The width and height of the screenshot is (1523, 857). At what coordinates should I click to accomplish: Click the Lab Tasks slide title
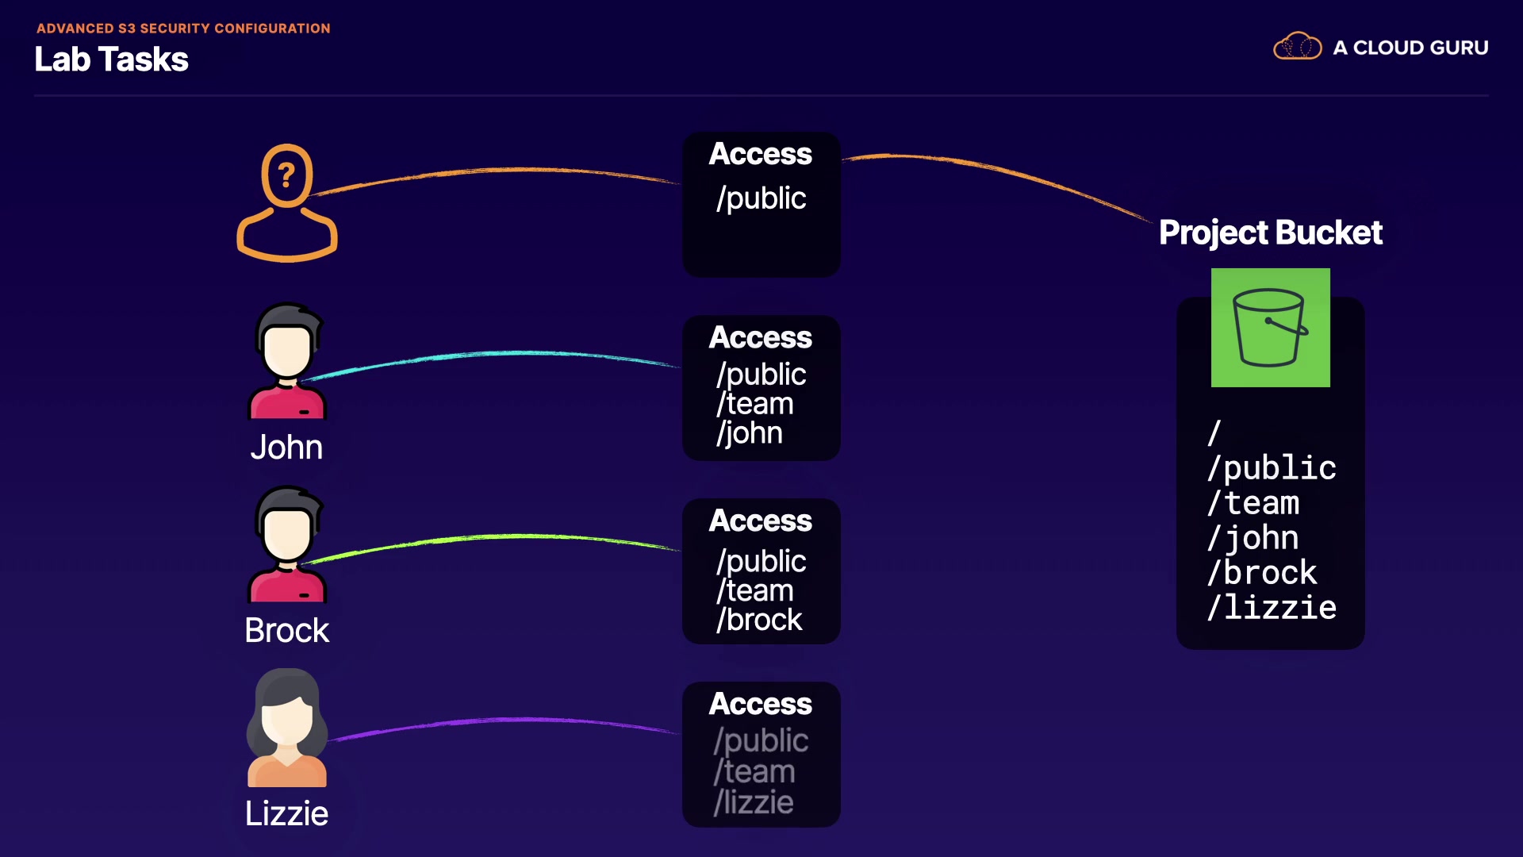[111, 60]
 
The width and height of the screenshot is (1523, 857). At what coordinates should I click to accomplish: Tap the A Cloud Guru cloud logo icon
[1297, 47]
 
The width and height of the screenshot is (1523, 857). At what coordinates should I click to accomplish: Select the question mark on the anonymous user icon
[286, 175]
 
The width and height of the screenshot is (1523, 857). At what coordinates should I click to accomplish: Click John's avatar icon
[287, 361]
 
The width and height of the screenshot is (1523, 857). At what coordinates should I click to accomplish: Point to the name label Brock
[286, 631]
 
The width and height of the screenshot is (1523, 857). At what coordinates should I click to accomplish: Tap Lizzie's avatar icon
[287, 728]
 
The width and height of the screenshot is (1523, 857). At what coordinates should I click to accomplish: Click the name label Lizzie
[286, 813]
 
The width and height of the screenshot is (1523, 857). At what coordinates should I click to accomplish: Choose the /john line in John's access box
[750, 433]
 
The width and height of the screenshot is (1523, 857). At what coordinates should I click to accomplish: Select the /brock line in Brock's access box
[760, 620]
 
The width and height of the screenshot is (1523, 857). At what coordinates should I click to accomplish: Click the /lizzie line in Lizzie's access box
[754, 802]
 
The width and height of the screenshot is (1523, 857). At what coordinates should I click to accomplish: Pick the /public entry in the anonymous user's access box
[761, 198]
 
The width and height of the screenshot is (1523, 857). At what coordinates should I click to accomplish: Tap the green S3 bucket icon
[1270, 328]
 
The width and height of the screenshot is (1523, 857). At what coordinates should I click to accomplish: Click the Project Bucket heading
[1270, 233]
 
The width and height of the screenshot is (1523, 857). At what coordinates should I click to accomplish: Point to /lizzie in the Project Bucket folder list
[1272, 608]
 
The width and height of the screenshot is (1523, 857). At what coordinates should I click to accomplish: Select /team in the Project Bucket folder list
[1253, 503]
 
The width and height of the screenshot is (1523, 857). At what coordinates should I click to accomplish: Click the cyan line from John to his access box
[492, 353]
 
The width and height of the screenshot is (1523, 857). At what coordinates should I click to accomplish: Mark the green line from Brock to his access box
[492, 537]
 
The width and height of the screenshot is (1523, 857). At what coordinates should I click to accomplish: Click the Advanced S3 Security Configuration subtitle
[183, 29]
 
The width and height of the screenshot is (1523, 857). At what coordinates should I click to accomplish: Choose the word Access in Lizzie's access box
[761, 704]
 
